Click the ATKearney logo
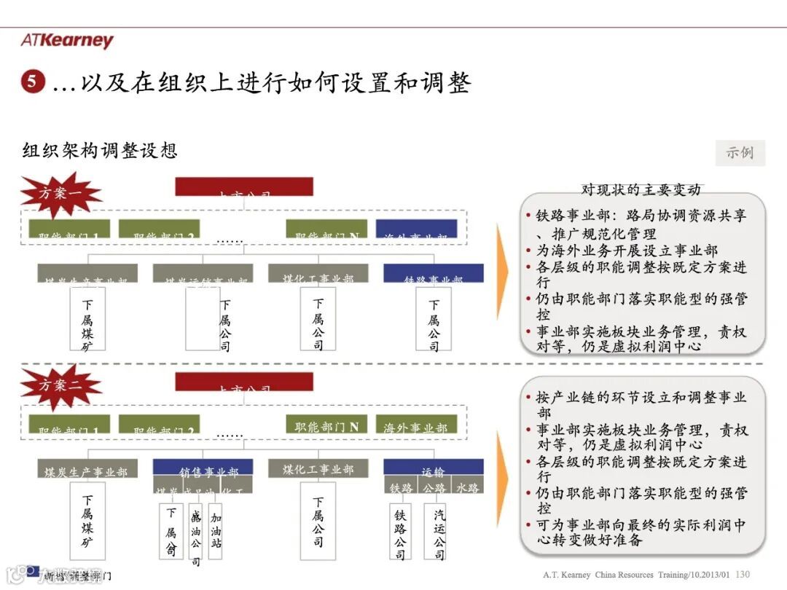[67, 41]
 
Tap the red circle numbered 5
[33, 82]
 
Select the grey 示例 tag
[740, 153]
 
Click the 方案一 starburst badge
[60, 193]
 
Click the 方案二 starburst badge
[60, 385]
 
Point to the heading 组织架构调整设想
[100, 151]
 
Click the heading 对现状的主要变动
[641, 190]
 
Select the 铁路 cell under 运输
[401, 487]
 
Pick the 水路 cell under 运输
[467, 487]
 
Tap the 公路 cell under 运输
[434, 487]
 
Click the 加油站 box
[216, 530]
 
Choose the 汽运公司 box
[439, 534]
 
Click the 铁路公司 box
[400, 534]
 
